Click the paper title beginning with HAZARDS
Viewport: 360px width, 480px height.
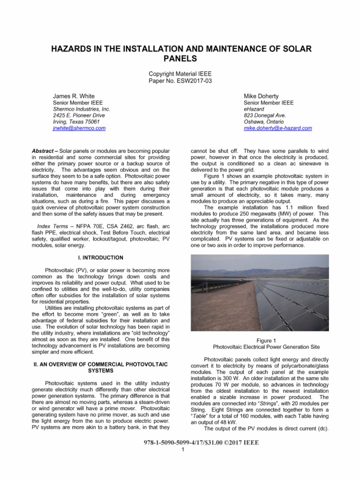tap(180, 54)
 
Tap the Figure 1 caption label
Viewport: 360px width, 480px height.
tap(266, 340)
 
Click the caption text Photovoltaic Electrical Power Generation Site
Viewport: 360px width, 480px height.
tap(266, 347)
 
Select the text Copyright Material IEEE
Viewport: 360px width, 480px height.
tap(180, 74)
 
